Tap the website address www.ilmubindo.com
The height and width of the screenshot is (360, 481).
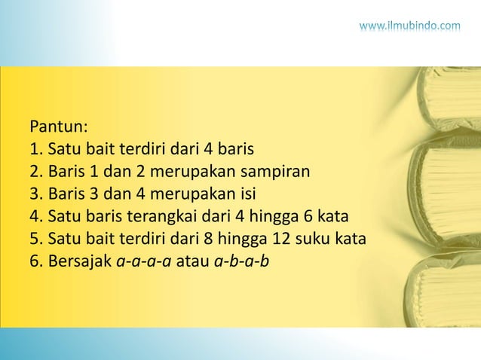[409, 27]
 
